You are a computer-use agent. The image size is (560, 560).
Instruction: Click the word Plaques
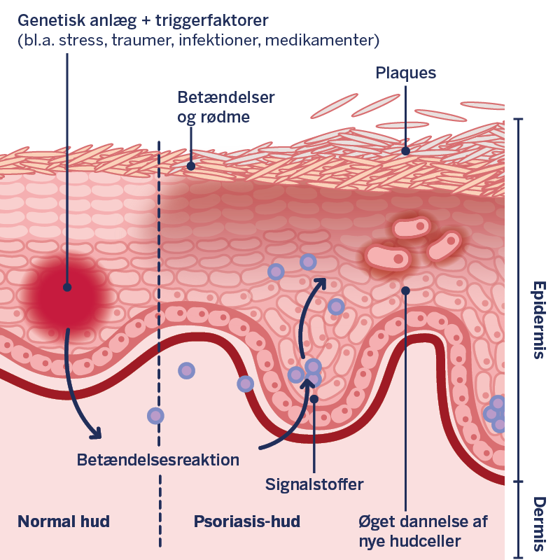coord(406,73)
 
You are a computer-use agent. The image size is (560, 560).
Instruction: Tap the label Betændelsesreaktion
coord(158,460)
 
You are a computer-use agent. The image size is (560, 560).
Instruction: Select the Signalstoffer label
coord(315,484)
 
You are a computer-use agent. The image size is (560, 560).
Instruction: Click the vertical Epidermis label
coord(538,320)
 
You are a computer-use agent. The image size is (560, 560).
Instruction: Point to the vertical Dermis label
coord(538,524)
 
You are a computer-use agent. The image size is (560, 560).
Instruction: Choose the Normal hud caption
coord(64,521)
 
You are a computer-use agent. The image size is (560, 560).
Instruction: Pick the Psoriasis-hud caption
coord(247,521)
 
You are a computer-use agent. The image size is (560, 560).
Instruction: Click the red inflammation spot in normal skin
coord(67,288)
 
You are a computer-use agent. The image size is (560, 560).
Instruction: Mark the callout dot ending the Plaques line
coord(405,150)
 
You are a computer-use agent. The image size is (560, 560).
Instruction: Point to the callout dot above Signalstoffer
coord(315,399)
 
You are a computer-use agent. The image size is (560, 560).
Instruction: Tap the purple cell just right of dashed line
coord(186,370)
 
